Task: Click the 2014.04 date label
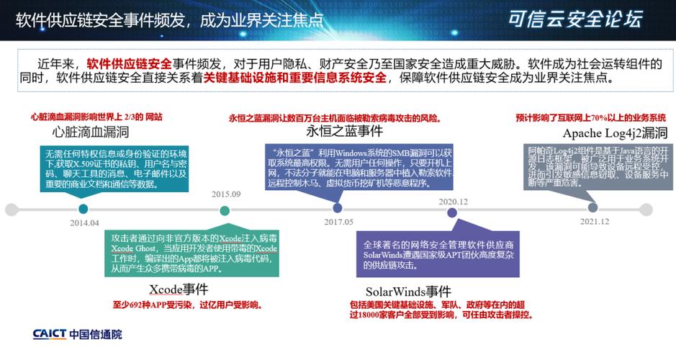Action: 84,223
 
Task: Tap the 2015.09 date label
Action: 226,194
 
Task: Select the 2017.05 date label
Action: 338,222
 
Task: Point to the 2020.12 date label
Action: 454,202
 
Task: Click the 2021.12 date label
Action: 594,222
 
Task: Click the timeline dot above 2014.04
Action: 84,210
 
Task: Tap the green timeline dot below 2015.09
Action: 225,210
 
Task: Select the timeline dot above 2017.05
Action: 337,210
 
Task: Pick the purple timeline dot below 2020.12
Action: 452,212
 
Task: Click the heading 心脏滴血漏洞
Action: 91,132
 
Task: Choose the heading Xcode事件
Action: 179,289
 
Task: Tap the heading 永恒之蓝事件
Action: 344,131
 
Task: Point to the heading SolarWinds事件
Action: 408,292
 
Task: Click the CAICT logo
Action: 78,334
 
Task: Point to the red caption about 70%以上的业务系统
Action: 590,117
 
